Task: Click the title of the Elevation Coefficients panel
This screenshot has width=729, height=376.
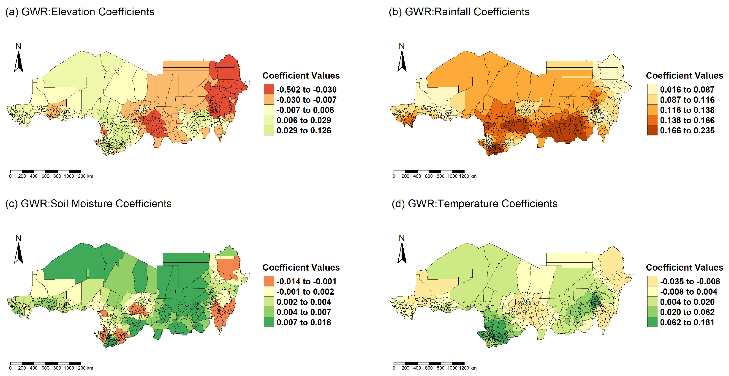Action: click(x=80, y=12)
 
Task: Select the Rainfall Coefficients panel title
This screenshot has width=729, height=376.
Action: click(x=459, y=12)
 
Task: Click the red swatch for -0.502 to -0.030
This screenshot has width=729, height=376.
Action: click(x=269, y=89)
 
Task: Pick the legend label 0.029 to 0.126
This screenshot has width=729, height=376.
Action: click(x=304, y=131)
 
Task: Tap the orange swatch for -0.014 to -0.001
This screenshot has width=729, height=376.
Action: click(x=269, y=281)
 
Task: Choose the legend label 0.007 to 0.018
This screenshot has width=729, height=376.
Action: click(x=304, y=322)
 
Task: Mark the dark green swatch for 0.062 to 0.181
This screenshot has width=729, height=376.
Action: click(x=652, y=322)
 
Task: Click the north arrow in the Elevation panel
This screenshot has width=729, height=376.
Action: click(x=18, y=61)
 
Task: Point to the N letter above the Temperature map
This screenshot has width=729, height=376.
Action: click(x=402, y=238)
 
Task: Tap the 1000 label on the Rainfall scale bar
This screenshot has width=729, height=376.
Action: click(x=452, y=176)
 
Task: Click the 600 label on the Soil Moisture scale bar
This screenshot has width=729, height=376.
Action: click(x=45, y=368)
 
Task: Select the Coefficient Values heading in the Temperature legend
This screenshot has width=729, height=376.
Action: click(x=685, y=268)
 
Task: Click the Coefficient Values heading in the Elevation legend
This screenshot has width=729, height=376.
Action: click(x=301, y=76)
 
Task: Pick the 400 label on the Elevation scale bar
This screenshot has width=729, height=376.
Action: click(x=34, y=176)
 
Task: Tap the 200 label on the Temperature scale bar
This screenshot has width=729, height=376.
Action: click(x=405, y=368)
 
